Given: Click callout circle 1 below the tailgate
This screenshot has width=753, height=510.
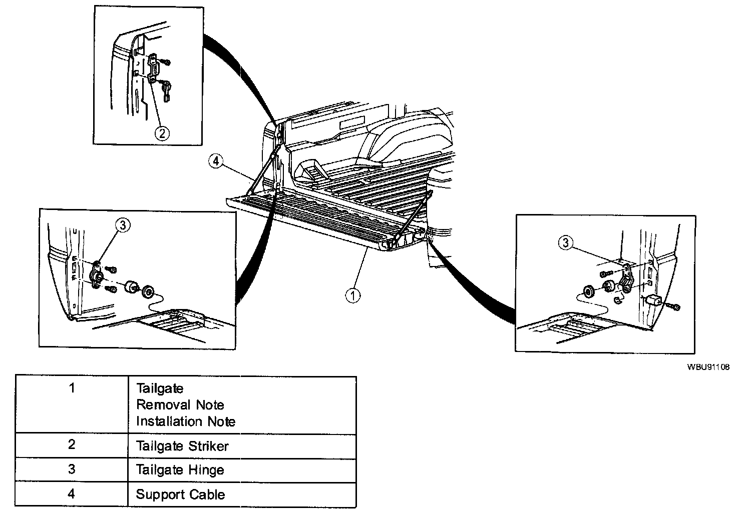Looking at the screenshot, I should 353,295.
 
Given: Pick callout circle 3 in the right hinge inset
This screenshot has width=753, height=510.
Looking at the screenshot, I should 566,243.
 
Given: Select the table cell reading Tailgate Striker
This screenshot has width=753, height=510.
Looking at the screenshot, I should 182,446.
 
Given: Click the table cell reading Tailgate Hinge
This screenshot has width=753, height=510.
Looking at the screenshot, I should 180,470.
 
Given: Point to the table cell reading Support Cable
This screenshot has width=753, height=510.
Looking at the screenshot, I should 180,494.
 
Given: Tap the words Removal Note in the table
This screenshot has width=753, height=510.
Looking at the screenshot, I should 180,404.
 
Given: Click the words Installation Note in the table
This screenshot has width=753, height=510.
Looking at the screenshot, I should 185,421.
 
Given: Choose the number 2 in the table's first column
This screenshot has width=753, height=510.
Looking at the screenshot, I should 72,445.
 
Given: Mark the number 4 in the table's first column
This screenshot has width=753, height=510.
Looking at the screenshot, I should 72,494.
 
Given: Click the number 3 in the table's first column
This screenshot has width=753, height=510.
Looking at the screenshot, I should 72,469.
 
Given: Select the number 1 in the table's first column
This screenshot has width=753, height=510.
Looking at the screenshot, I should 72,388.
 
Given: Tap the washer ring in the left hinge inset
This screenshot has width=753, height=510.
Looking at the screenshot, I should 149,291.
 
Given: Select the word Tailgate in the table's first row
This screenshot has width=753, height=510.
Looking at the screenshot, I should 160,388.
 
